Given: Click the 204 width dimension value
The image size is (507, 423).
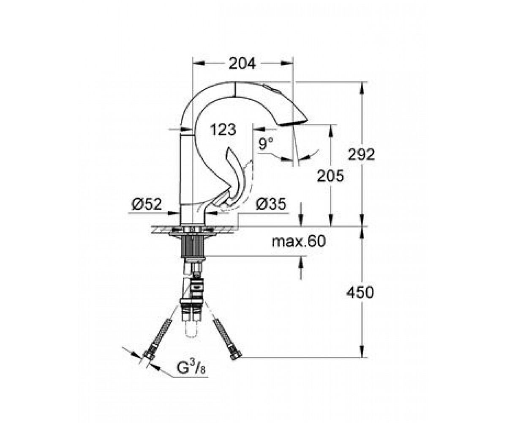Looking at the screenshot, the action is [242, 64].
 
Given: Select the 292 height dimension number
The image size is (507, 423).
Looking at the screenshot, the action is [361, 154].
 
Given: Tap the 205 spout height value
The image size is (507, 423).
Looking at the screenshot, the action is [330, 176].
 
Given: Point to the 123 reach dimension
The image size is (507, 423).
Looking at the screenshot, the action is [223, 129].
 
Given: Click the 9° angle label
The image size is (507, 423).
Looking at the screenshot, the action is [266, 143].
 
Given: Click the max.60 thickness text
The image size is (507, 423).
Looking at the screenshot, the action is [298, 242].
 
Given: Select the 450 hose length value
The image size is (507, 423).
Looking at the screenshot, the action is [360, 292].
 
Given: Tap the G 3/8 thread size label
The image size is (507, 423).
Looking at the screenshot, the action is [191, 368].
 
